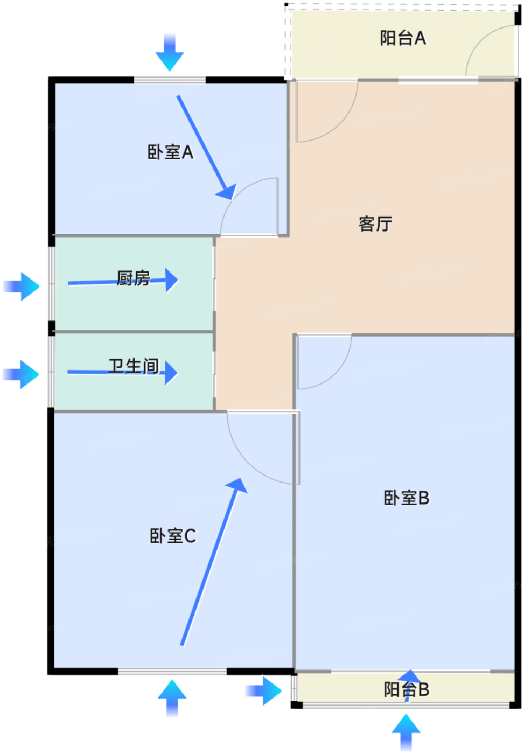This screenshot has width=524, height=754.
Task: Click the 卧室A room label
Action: click(x=170, y=152)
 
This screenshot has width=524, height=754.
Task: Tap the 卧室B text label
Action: click(x=407, y=498)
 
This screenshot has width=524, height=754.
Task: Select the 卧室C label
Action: click(x=173, y=536)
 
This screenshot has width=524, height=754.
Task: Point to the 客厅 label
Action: click(x=375, y=224)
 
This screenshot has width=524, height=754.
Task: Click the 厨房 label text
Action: click(x=133, y=278)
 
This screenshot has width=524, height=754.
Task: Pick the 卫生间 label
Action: click(x=134, y=366)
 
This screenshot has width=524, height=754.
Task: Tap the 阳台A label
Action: click(x=403, y=38)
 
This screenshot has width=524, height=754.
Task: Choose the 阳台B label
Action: click(x=407, y=689)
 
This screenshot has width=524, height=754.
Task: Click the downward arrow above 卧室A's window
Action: click(x=170, y=53)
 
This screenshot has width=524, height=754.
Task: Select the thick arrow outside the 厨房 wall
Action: click(x=22, y=286)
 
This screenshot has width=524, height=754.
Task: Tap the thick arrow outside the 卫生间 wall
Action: click(x=21, y=374)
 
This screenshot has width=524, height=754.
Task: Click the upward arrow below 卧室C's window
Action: click(x=172, y=697)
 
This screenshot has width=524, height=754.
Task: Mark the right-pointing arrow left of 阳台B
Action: click(x=263, y=690)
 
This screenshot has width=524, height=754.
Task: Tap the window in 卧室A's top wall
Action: click(x=170, y=80)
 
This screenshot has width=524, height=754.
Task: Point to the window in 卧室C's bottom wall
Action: click(x=172, y=671)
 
